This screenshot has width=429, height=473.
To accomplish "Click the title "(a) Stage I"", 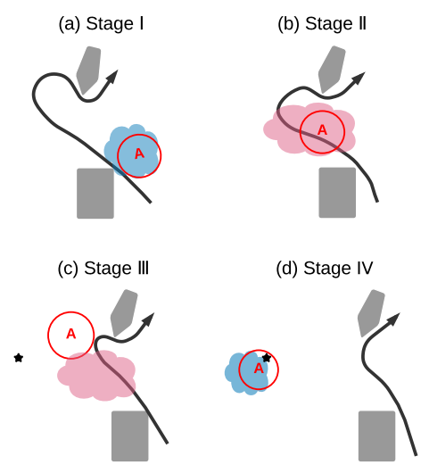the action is click(101, 24).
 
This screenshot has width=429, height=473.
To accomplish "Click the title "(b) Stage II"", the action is click(322, 24).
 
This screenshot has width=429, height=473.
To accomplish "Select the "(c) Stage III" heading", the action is click(103, 269).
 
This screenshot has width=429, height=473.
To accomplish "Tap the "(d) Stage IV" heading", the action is click(325, 269).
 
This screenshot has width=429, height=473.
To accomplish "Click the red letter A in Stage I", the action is click(139, 154).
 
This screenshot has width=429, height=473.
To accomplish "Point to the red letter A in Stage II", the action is click(322, 130).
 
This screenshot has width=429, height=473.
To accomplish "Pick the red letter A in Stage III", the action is click(70, 334).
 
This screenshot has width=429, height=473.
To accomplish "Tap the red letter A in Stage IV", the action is click(259, 369).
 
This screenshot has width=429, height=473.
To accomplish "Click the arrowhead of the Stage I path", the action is click(112, 77).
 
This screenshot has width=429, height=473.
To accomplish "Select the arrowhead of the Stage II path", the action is click(359, 79).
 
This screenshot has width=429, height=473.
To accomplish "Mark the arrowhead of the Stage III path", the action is click(148, 319).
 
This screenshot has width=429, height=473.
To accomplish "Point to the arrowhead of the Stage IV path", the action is click(393, 319).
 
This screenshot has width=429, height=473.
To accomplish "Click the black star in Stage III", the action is click(19, 358).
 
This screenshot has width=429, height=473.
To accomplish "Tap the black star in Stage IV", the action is click(267, 358).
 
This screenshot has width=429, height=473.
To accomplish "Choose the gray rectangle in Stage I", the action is click(95, 194).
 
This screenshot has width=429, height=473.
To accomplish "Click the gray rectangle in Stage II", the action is click(337, 193).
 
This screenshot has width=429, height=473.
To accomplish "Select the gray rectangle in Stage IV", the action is click(377, 436).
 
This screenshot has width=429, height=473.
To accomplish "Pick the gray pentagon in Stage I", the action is click(88, 70).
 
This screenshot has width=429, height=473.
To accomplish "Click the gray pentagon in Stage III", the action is click(124, 313).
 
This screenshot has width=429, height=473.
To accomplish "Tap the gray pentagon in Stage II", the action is click(332, 70).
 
